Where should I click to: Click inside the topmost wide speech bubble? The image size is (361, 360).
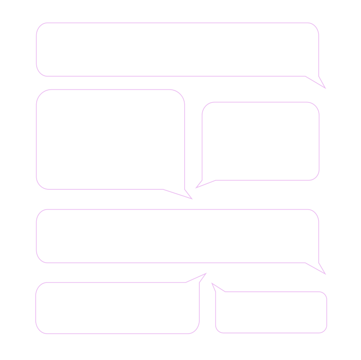178,36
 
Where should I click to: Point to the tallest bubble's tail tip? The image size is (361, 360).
192,145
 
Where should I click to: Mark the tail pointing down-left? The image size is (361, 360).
196,134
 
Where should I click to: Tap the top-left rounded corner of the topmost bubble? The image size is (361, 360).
39,26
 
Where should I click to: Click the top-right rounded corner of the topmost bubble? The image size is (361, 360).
316,26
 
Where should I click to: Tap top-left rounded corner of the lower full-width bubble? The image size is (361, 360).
39,160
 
